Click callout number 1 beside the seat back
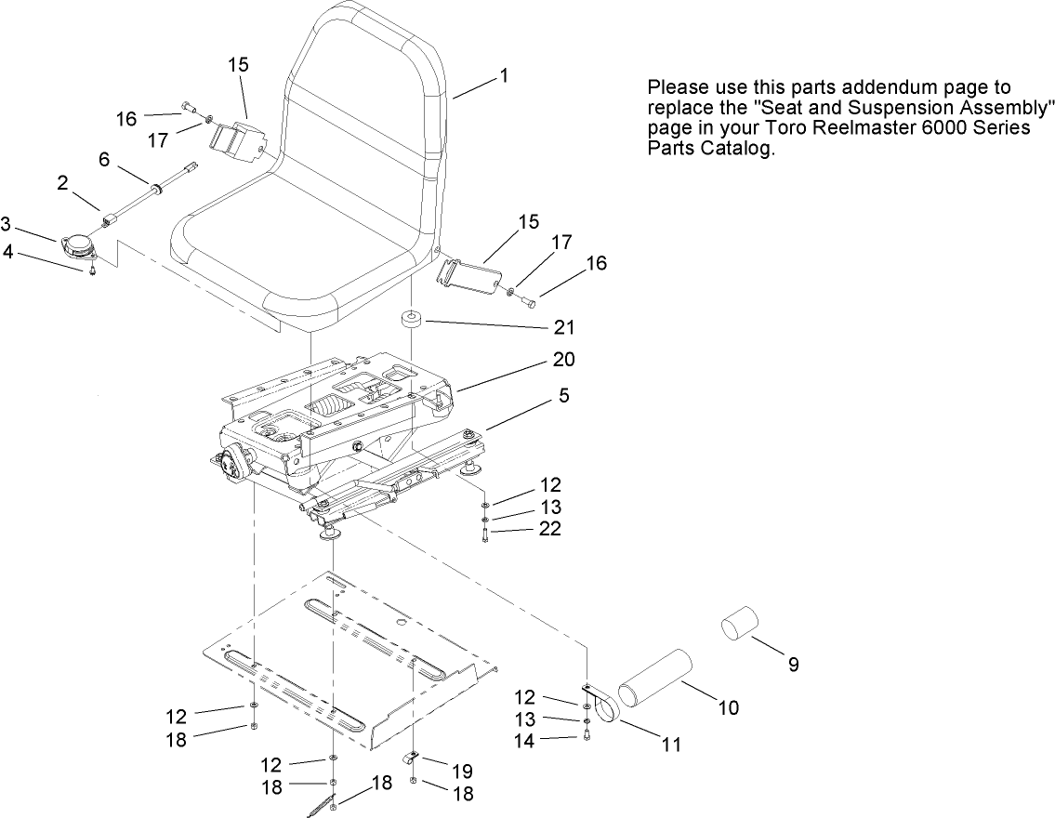503,76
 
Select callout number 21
564,327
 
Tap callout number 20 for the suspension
564,360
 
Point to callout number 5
564,396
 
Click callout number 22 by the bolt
550,529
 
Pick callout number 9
793,664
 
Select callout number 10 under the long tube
728,708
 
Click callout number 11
670,744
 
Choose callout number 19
461,771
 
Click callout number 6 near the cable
104,160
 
